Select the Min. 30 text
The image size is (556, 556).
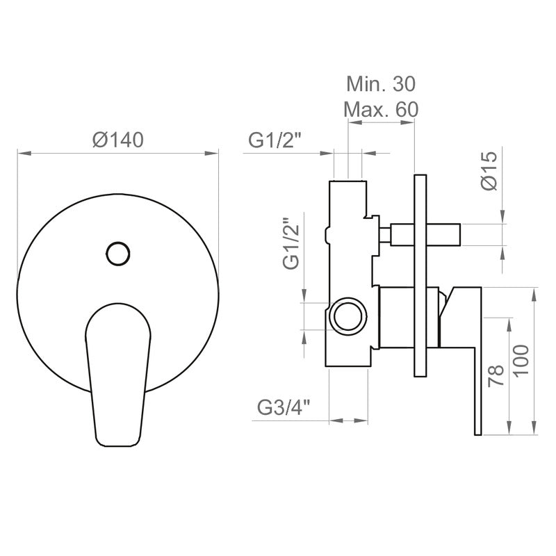[380, 85]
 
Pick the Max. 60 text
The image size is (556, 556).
[381, 109]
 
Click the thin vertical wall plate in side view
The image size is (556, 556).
[419, 278]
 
